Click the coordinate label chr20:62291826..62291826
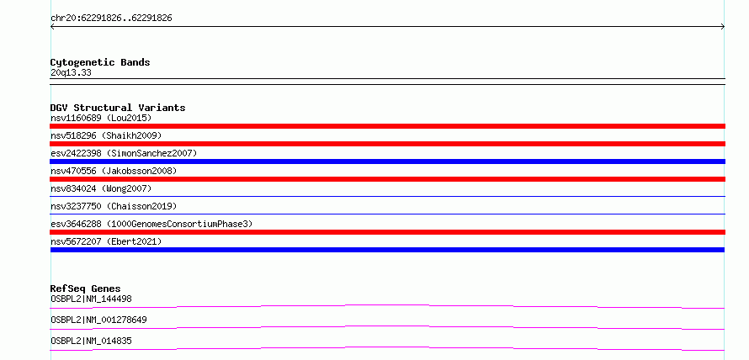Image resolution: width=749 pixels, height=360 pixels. (111, 19)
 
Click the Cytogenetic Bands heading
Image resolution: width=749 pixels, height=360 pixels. (100, 62)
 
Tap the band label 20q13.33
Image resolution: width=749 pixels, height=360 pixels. (71, 72)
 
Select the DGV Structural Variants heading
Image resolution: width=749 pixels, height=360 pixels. (118, 108)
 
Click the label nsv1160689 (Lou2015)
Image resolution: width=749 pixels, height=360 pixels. (101, 118)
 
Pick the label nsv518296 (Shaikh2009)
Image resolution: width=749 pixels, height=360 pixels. (106, 135)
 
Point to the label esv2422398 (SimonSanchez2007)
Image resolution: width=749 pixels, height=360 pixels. (124, 153)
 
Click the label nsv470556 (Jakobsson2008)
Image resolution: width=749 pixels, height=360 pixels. (114, 171)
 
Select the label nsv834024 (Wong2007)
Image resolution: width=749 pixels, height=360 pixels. (101, 188)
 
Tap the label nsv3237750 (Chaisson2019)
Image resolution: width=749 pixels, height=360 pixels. (114, 206)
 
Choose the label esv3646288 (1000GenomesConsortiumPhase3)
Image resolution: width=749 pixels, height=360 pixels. (151, 224)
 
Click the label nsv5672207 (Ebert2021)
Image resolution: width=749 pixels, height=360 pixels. (106, 241)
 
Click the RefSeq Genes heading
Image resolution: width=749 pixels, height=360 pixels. (86, 289)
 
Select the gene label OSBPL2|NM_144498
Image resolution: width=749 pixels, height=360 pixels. (91, 299)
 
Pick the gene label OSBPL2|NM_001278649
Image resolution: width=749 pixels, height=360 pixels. (98, 320)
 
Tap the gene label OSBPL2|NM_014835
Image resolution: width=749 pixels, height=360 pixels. (91, 341)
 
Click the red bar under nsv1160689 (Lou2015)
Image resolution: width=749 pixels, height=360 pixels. (387, 126)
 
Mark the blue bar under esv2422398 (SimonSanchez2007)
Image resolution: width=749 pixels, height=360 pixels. (387, 161)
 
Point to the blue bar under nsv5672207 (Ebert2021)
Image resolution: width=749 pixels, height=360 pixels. (387, 250)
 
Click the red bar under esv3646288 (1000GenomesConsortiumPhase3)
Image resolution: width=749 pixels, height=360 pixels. (387, 232)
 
